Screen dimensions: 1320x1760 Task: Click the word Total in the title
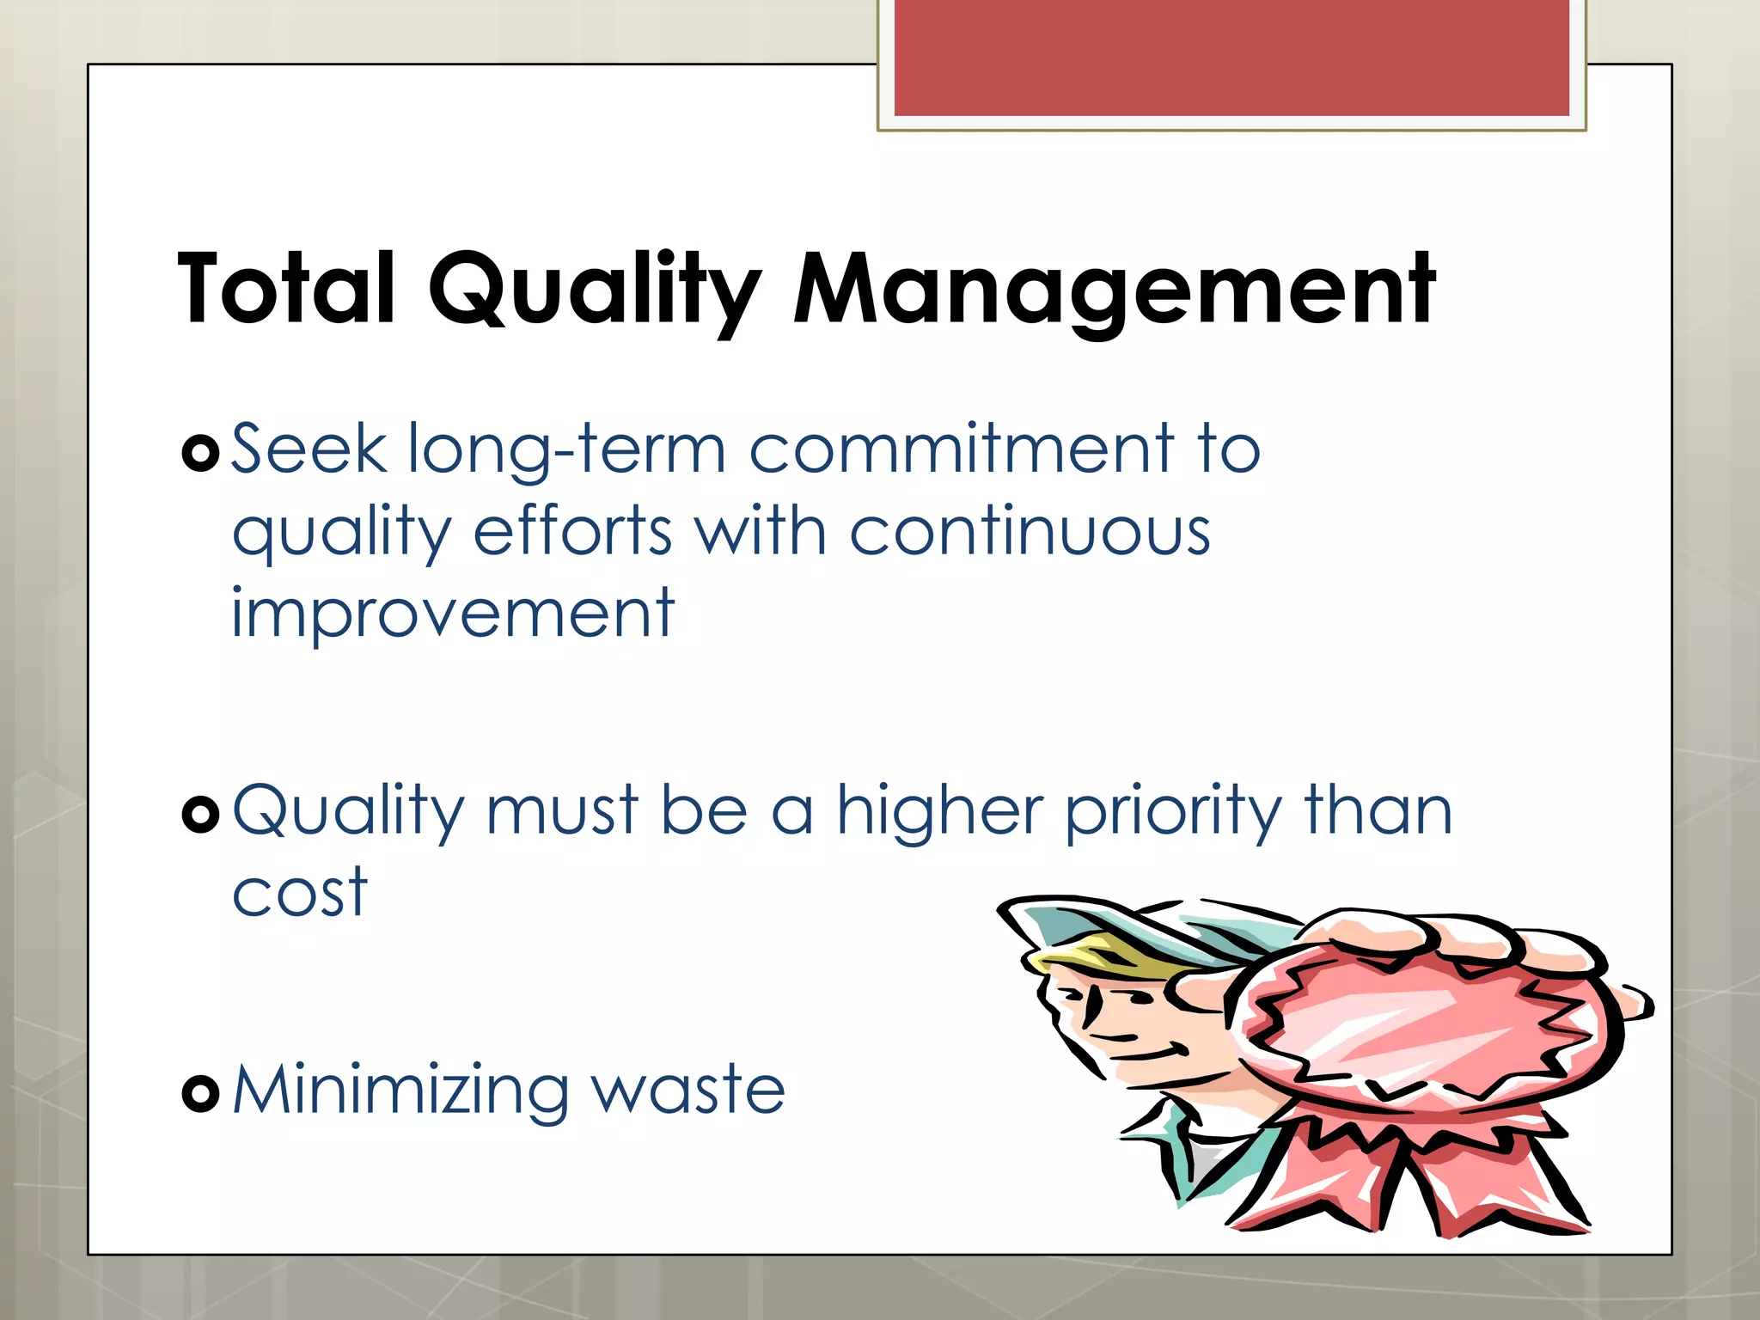pos(286,289)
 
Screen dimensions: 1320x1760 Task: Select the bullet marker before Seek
pos(201,453)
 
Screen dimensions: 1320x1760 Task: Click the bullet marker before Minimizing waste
pos(201,1093)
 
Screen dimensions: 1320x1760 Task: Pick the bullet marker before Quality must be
pos(201,813)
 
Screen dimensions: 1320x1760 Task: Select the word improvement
pos(453,614)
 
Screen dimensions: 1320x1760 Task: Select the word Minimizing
pos(400,1091)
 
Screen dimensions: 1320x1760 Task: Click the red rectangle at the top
pos(1231,58)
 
